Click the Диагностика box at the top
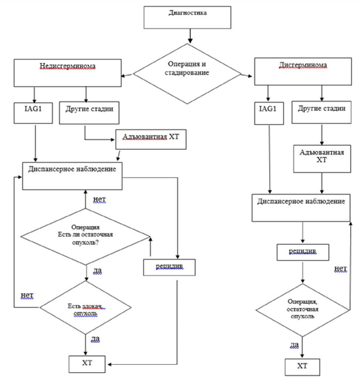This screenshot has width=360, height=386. point(187,17)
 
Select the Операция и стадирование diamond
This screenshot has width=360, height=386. point(187,74)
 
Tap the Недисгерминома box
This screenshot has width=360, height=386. point(68,73)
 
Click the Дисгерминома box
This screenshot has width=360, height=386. point(303,72)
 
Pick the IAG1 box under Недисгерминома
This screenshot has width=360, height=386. point(33,113)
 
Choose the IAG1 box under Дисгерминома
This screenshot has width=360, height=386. point(269,113)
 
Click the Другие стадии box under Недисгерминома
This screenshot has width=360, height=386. point(90,113)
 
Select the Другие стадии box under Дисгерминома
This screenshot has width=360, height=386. point(322,112)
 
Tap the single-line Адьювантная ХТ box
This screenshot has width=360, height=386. point(151,139)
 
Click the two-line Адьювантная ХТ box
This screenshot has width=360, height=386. point(322,159)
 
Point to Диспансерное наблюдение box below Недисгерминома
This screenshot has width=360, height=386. point(72,176)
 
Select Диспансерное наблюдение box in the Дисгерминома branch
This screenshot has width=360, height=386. point(301,208)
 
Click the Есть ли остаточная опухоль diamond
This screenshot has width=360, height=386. point(86,237)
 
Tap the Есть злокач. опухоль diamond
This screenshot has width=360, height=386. point(86,308)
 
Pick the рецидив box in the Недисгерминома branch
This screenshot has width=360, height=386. point(169,267)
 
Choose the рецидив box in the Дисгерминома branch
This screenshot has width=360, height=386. point(303,252)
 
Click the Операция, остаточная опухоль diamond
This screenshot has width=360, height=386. point(302,310)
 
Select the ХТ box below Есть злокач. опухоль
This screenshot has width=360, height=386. point(87,364)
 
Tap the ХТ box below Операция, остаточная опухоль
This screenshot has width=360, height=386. point(302,367)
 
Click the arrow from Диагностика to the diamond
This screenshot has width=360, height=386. point(190,36)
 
